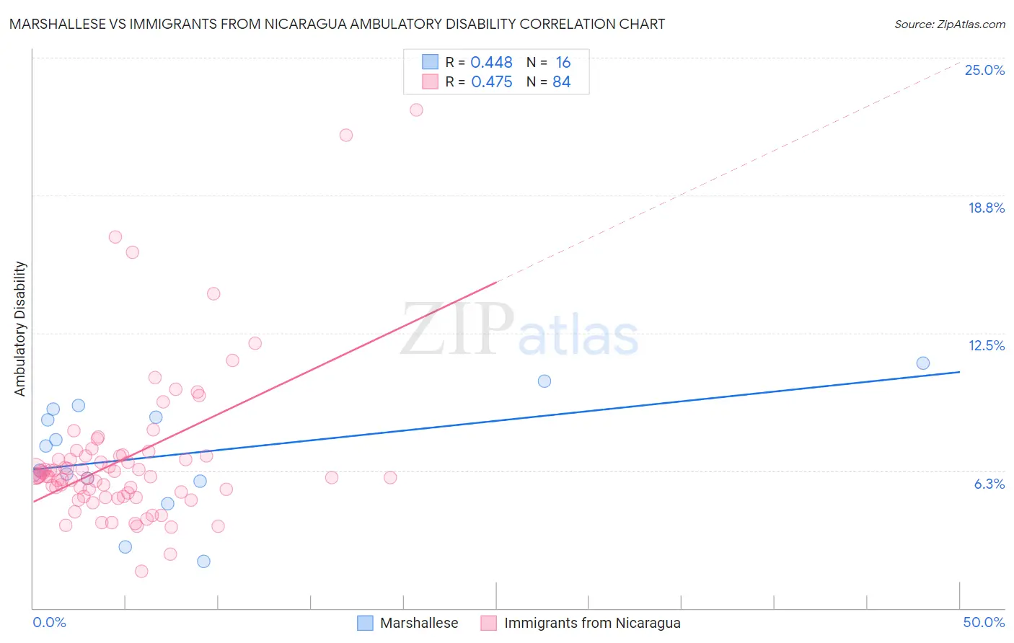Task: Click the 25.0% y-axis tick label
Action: click(x=984, y=70)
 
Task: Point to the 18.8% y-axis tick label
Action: click(x=986, y=208)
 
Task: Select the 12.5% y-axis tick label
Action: click(x=986, y=345)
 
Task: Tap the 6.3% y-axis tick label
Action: click(x=989, y=484)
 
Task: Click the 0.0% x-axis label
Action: click(x=49, y=622)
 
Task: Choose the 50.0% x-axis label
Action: click(x=984, y=622)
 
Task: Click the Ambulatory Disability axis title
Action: click(x=20, y=329)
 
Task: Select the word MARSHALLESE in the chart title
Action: click(x=58, y=24)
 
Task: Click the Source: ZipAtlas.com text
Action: click(x=949, y=24)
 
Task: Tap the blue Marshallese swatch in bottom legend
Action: click(x=366, y=623)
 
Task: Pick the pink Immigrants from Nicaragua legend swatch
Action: click(x=489, y=623)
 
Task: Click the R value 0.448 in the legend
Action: click(x=491, y=63)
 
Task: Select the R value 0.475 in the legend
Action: click(x=491, y=82)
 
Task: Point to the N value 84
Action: click(x=561, y=82)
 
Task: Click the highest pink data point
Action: click(x=416, y=110)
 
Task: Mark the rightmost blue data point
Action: click(x=923, y=363)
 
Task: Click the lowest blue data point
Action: click(x=203, y=562)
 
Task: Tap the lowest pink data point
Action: click(x=141, y=572)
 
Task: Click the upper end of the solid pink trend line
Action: click(x=496, y=282)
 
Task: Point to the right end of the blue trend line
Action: click(x=959, y=372)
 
